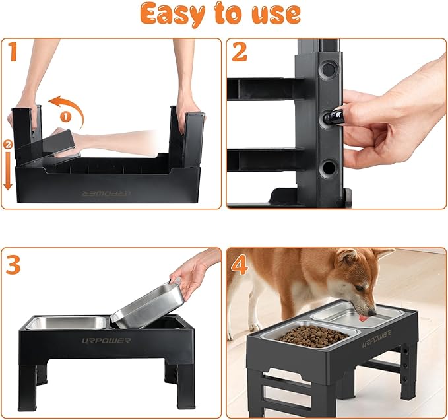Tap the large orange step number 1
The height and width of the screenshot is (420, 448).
(11, 53)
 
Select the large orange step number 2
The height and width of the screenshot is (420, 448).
(239, 53)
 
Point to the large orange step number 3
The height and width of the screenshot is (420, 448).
(12, 264)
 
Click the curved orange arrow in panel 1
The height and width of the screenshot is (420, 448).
(68, 108)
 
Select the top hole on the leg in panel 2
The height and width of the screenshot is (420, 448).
(327, 69)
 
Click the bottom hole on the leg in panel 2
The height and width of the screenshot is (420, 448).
(327, 169)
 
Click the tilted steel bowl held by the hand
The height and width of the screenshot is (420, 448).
(148, 305)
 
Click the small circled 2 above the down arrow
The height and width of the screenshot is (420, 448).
(7, 143)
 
